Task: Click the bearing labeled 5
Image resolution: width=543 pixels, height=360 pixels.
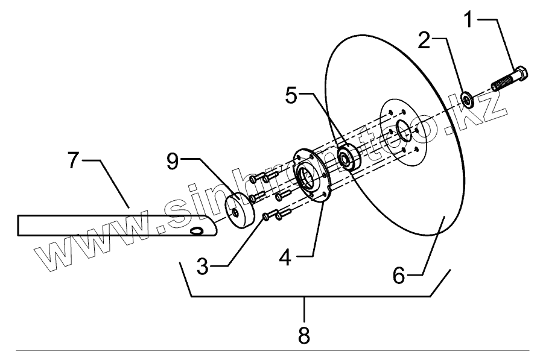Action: pos(348,156)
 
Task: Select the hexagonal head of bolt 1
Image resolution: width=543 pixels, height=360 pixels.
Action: pos(522,75)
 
